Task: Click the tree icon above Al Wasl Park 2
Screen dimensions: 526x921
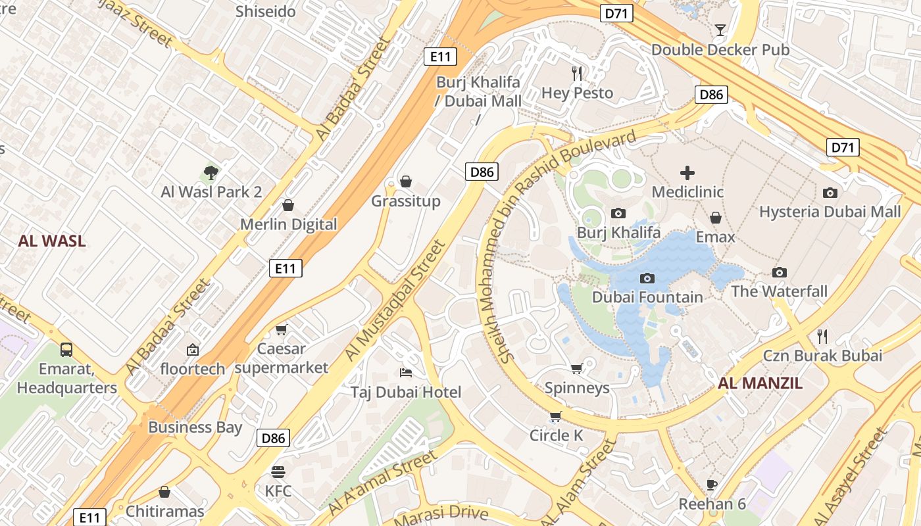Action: coord(211,173)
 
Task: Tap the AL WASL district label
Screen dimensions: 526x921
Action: coord(52,241)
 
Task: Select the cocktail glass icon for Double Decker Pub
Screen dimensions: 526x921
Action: coord(720,30)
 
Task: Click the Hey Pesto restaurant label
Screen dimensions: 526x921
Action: coord(577,93)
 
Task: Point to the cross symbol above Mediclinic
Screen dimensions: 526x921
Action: coord(687,173)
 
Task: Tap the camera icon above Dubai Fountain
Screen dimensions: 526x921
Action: coord(647,278)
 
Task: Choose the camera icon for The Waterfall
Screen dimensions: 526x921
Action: coord(780,272)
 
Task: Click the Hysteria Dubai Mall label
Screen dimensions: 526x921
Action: coord(830,212)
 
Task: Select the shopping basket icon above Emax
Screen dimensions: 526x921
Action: coord(716,218)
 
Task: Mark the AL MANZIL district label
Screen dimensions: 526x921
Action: coord(760,384)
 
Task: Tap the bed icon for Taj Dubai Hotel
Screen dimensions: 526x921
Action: coord(406,373)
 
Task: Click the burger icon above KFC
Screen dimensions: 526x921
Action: coord(278,471)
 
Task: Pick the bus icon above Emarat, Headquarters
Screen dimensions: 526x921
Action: coord(66,349)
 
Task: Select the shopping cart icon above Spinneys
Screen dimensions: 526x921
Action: coord(577,368)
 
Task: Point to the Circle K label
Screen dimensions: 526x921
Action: coord(557,435)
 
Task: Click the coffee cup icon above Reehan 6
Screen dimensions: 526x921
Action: coord(711,485)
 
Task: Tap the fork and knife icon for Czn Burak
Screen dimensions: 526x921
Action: coord(822,337)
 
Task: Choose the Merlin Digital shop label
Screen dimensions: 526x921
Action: coord(288,225)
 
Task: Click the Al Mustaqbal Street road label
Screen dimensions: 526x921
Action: coord(395,300)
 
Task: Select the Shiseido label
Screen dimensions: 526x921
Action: coord(266,11)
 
